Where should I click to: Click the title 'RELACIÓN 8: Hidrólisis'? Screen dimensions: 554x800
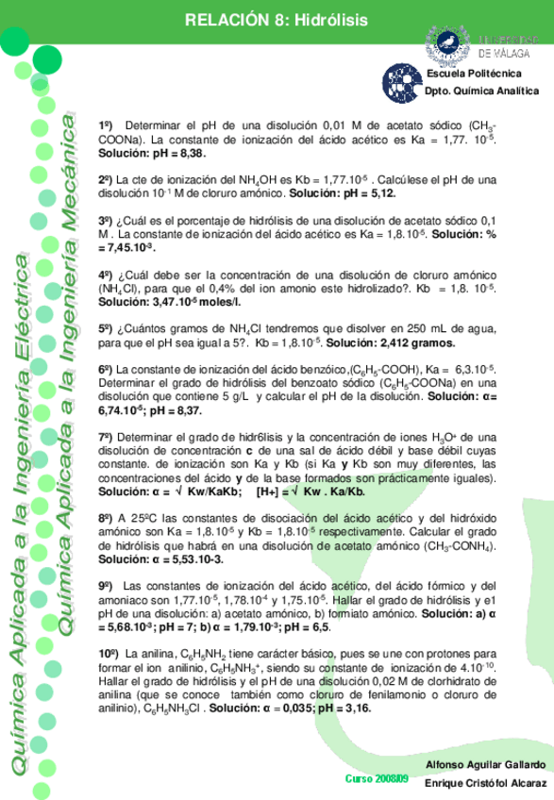276,20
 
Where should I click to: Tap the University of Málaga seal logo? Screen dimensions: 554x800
447,42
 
